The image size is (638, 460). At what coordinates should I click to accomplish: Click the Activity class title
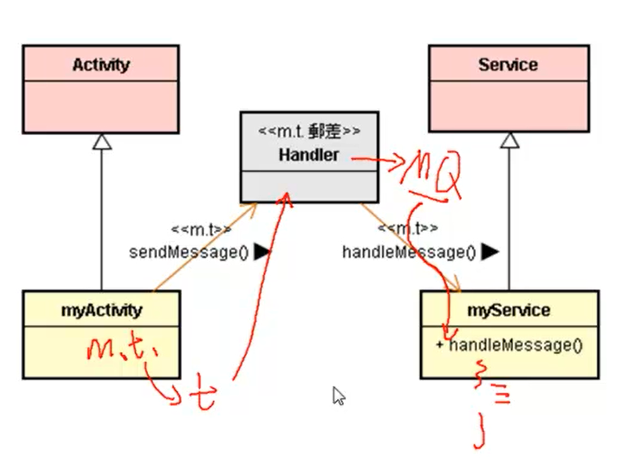(101, 65)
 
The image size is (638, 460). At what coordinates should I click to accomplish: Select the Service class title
(507, 65)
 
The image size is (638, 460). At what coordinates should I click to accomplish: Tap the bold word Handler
(309, 154)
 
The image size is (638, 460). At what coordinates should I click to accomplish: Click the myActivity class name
(101, 310)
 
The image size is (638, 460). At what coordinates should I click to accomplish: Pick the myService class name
(508, 310)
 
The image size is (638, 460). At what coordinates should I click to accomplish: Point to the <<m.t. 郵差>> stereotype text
(309, 131)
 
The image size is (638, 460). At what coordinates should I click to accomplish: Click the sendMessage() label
(189, 252)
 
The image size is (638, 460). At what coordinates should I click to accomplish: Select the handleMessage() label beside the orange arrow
(409, 252)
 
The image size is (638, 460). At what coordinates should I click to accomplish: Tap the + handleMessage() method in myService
(509, 345)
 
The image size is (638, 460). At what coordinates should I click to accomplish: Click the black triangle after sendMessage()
(261, 252)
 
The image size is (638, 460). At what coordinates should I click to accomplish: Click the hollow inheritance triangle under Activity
(102, 141)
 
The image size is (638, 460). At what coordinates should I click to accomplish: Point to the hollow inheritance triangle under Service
(509, 140)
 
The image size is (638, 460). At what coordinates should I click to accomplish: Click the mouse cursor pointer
(338, 395)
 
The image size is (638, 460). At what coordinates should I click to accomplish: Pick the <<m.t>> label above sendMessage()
(201, 230)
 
